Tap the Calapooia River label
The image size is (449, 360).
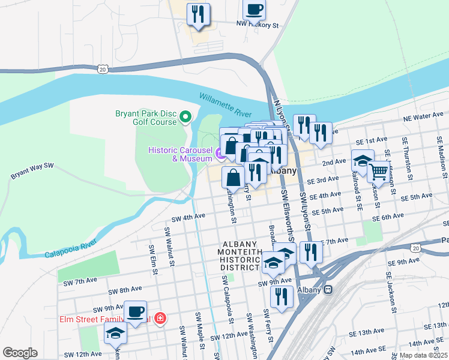pyautogui.click(x=71, y=250)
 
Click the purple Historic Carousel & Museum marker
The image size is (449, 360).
pyautogui.click(x=220, y=154)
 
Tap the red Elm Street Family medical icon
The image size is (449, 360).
pyautogui.click(x=160, y=317)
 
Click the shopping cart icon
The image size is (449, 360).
pyautogui.click(x=378, y=172)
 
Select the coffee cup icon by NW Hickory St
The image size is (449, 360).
pyautogui.click(x=254, y=10)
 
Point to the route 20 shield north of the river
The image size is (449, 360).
pyautogui.click(x=104, y=70)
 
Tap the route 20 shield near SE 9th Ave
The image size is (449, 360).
pyautogui.click(x=415, y=247)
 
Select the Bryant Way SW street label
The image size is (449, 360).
pyautogui.click(x=32, y=171)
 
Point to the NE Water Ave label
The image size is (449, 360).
pyautogui.click(x=424, y=117)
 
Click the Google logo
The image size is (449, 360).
pyautogui.click(x=20, y=352)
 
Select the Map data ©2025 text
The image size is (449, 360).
pyautogui.click(x=423, y=355)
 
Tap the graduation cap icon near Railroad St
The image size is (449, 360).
pyautogui.click(x=363, y=160)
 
